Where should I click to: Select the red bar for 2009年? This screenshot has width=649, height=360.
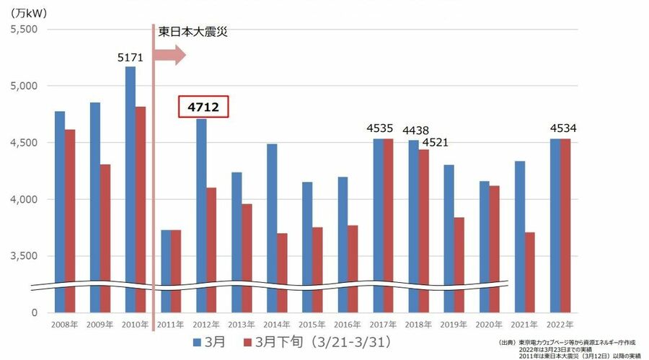coord(105,238)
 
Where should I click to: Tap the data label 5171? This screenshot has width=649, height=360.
coord(131,57)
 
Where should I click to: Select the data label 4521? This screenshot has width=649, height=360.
coord(435,142)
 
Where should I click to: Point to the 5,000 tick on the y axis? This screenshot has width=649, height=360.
coord(25,86)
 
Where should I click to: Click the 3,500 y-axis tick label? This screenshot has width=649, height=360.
coord(25,256)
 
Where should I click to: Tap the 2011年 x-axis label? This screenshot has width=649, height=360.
coord(170,324)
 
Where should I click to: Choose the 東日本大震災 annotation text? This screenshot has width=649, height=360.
coord(193,32)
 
